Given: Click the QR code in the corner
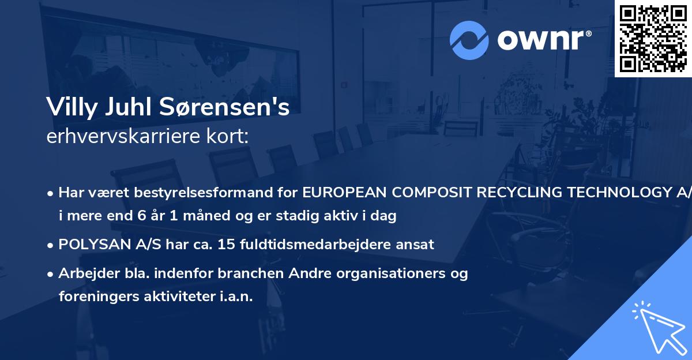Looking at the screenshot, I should tap(653, 38).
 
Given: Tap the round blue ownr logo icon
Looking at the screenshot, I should tap(470, 40).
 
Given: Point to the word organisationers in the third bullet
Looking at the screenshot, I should tap(400, 273).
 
